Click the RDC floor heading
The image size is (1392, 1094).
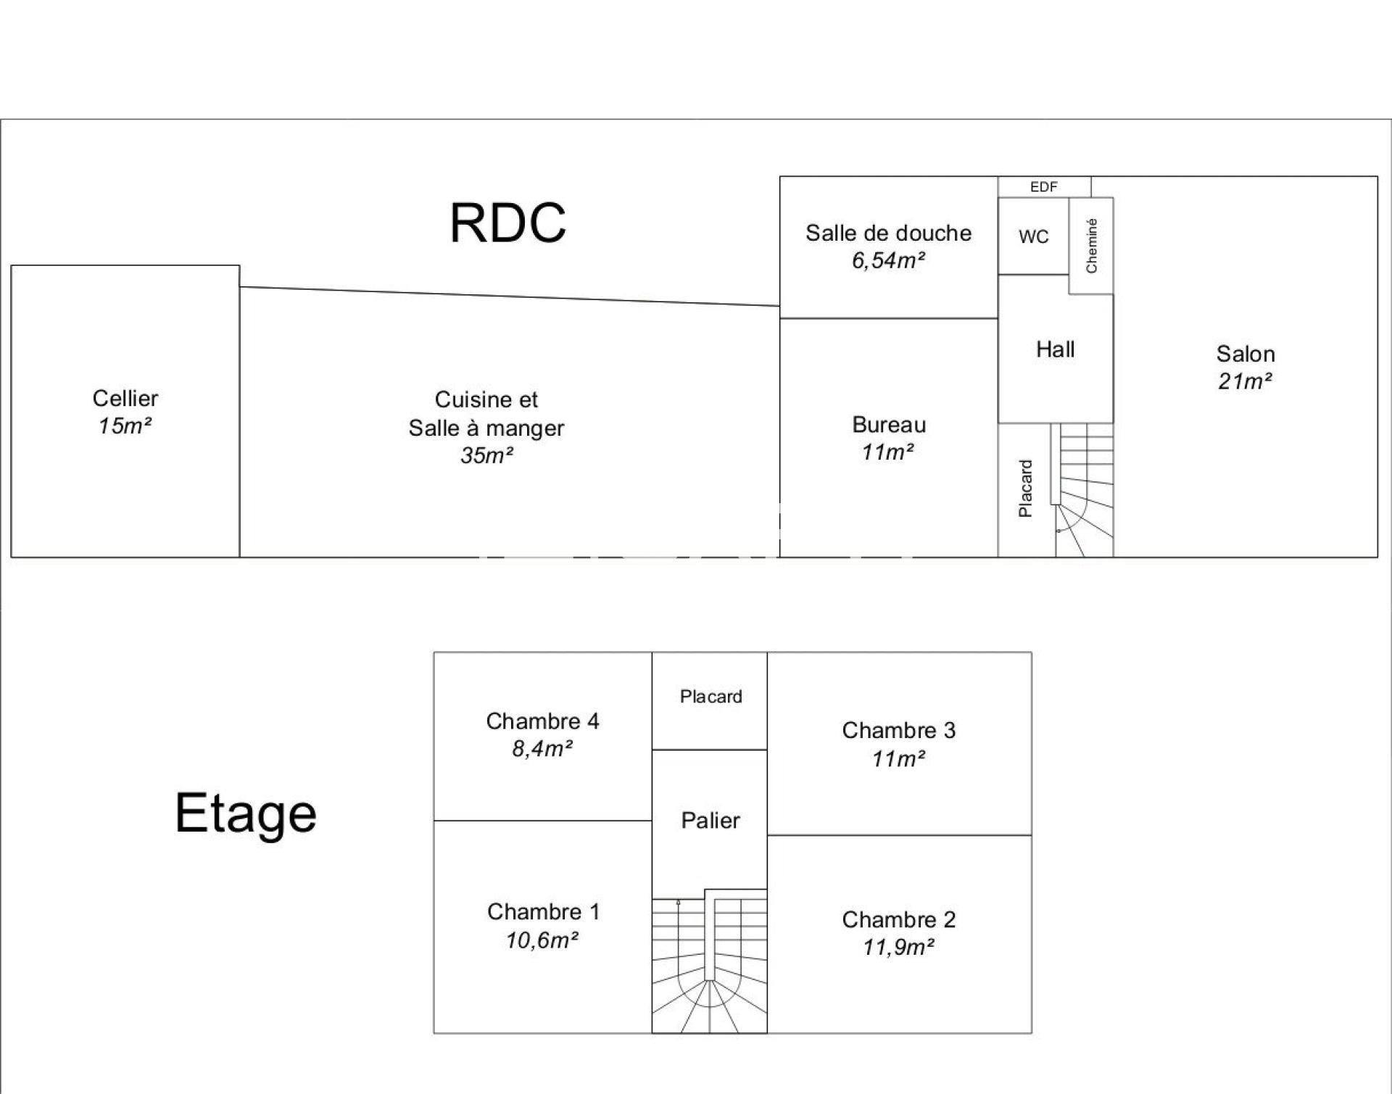click(507, 223)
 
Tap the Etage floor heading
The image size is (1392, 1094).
click(246, 813)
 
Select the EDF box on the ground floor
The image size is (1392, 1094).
click(1044, 187)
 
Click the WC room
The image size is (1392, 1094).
click(1033, 237)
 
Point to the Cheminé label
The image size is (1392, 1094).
click(1091, 246)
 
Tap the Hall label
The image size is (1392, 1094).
click(1055, 349)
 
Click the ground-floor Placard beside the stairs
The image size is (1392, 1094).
click(1025, 489)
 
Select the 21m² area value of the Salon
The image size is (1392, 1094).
click(1245, 381)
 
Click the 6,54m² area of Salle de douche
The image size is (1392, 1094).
click(888, 260)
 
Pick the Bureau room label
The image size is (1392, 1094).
click(889, 425)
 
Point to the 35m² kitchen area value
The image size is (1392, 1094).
click(486, 455)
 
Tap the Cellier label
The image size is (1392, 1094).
click(125, 398)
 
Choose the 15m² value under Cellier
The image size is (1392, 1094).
click(125, 426)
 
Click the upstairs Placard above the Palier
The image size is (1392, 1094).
click(710, 697)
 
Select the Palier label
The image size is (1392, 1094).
click(710, 821)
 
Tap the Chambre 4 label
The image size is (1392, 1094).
click(542, 721)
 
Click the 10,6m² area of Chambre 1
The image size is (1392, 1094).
click(542, 940)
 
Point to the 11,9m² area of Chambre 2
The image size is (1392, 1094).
click(898, 948)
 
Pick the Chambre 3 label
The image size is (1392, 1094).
click(898, 730)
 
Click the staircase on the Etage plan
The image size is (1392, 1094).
click(709, 964)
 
